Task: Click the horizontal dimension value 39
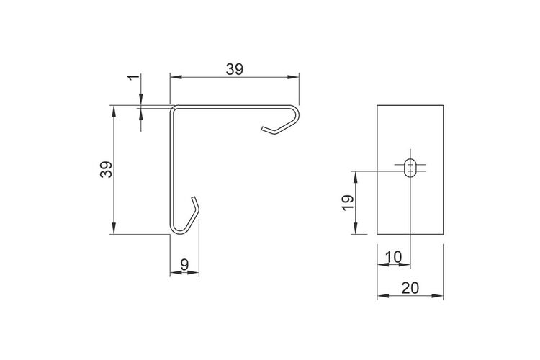tap(235, 70)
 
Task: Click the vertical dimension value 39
tap(107, 169)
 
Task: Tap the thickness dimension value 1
tap(135, 78)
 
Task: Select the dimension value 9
tap(184, 265)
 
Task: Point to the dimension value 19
tap(348, 203)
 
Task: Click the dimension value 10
tap(393, 257)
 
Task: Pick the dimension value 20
tap(410, 288)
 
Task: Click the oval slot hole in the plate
tap(410, 168)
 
